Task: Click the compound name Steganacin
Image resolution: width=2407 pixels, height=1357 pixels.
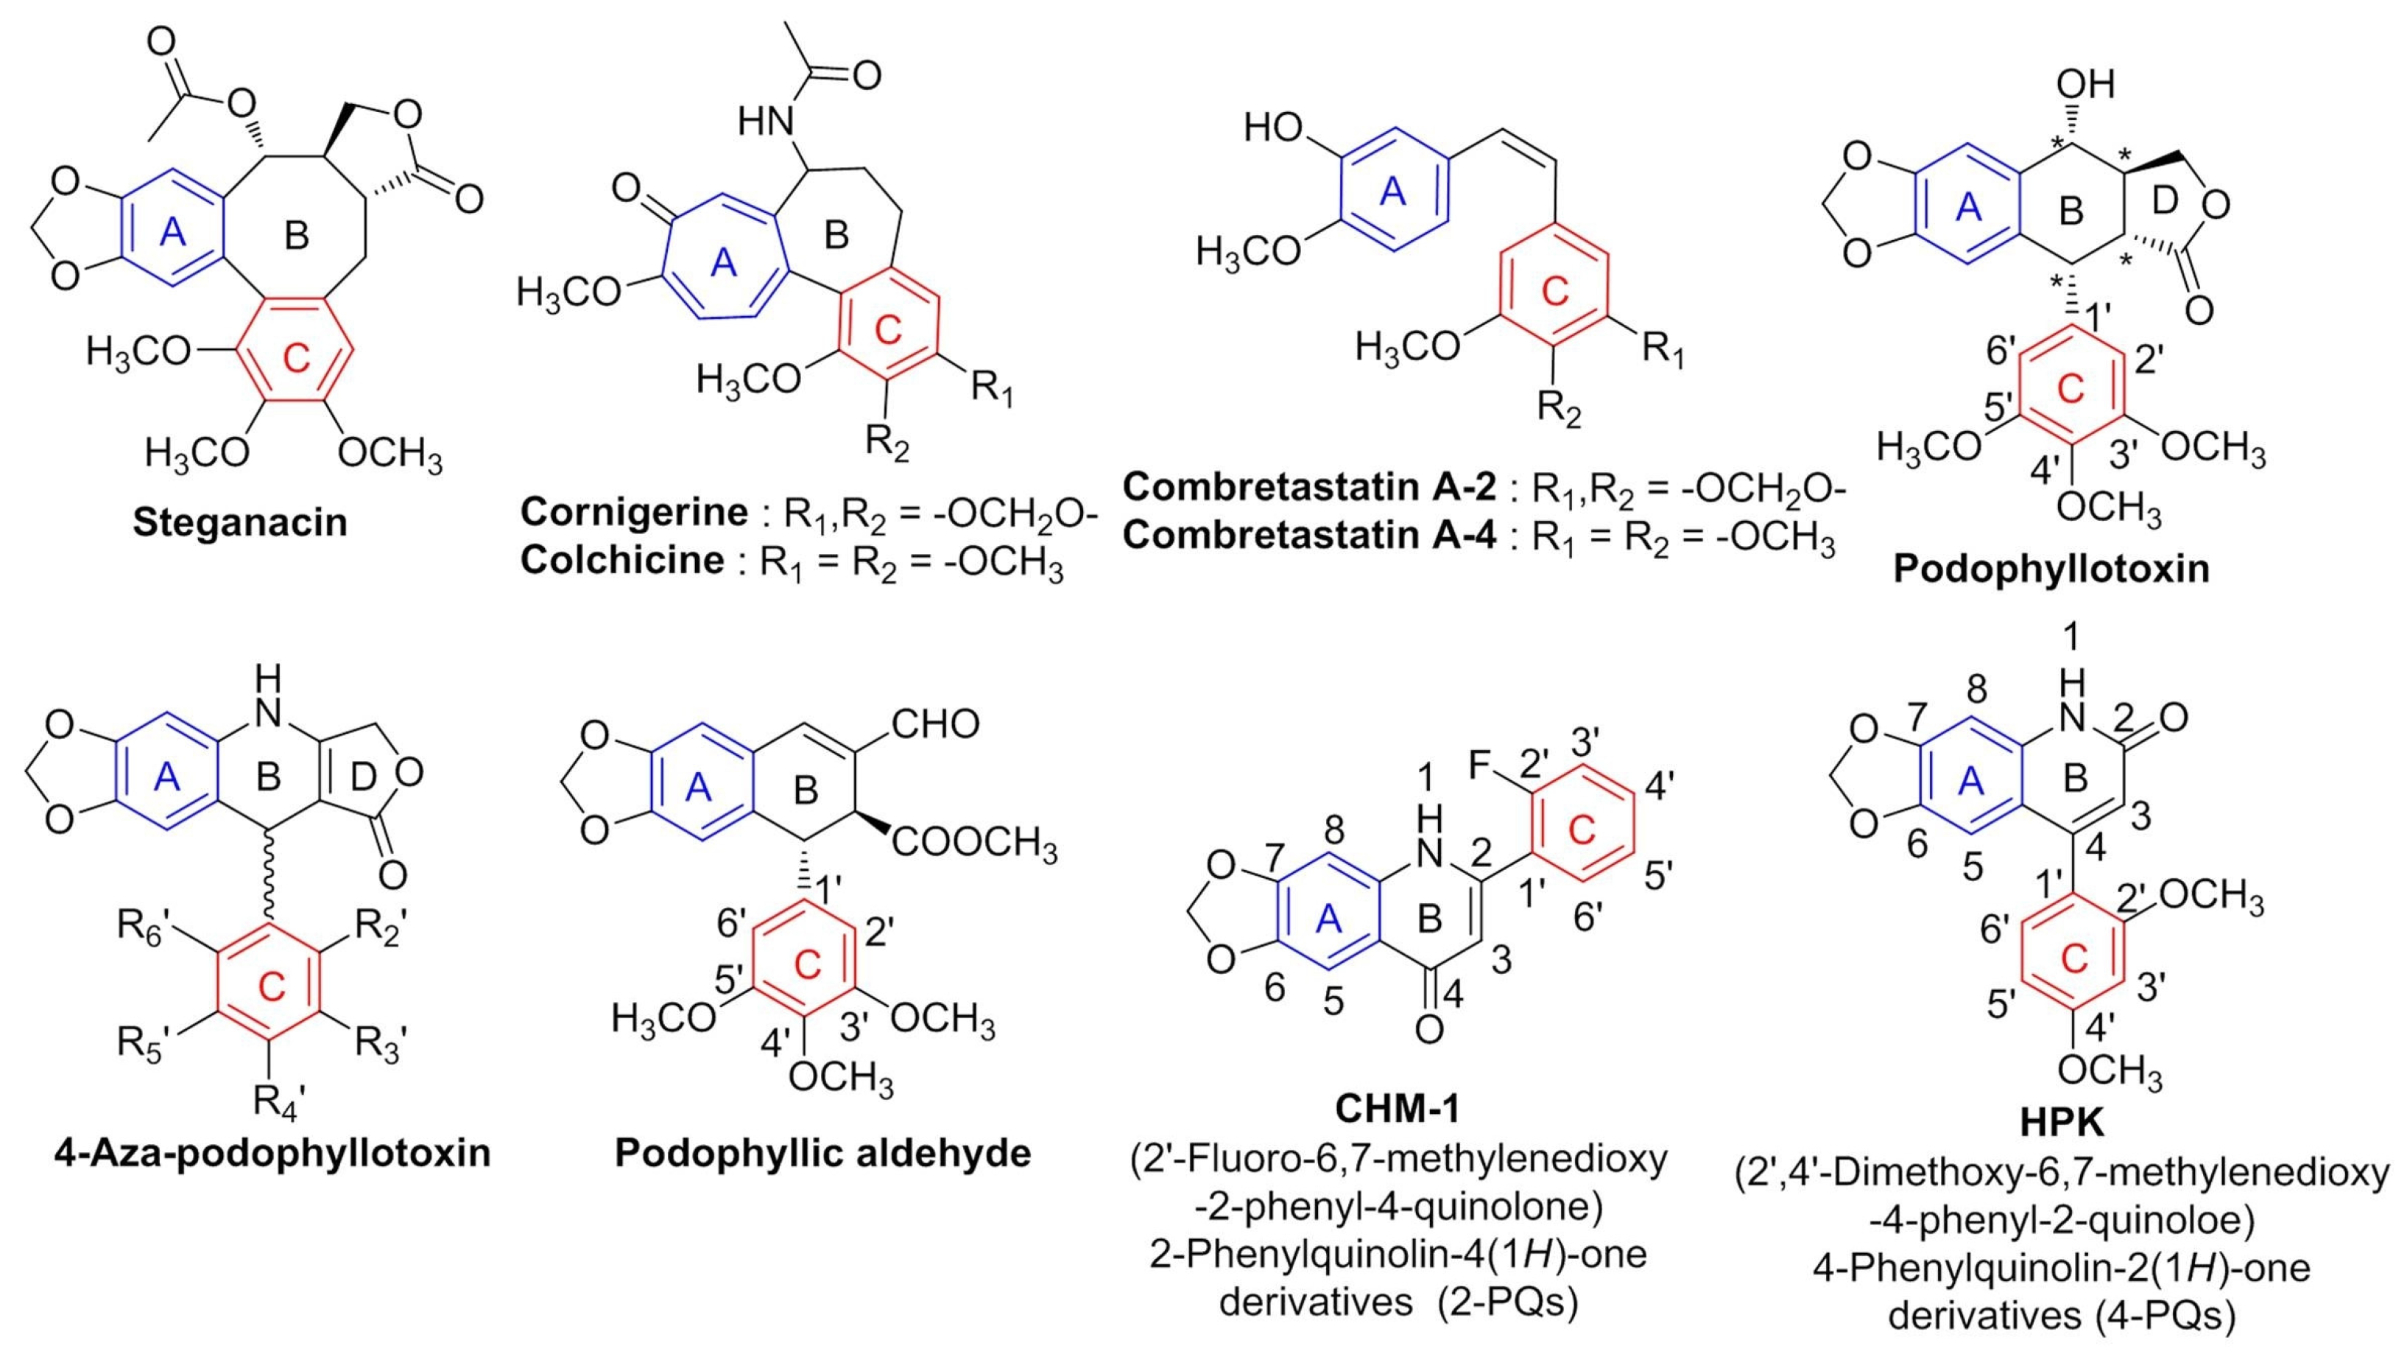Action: click(240, 522)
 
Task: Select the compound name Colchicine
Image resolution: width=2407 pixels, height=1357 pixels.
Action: click(622, 560)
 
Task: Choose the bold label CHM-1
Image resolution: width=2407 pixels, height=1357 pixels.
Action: click(1397, 1109)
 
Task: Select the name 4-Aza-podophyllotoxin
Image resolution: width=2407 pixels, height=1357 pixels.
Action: click(272, 1152)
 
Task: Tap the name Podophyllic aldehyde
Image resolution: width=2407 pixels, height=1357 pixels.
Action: click(822, 1152)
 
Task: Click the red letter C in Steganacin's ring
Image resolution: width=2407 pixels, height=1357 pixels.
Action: click(295, 358)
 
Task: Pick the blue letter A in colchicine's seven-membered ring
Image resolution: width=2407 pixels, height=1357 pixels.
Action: click(723, 264)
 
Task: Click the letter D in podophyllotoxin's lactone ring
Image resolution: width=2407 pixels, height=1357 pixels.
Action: click(2171, 198)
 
